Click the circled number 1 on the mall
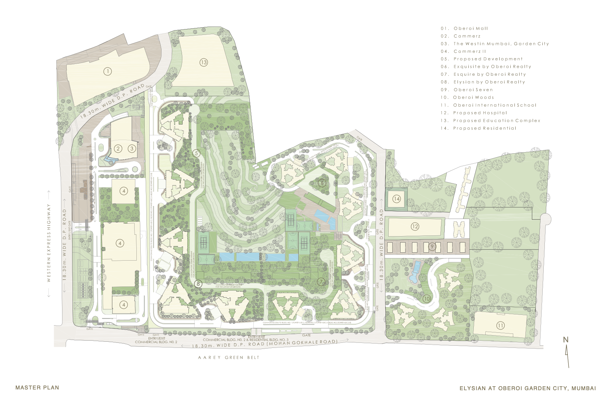click(x=107, y=71)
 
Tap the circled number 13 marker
click(x=203, y=62)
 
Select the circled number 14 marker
click(x=396, y=199)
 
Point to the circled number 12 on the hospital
click(x=415, y=226)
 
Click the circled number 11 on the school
click(x=500, y=326)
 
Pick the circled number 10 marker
click(x=426, y=299)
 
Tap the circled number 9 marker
click(x=432, y=247)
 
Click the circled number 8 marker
click(x=198, y=284)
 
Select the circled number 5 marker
click(x=196, y=153)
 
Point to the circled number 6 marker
click(x=322, y=183)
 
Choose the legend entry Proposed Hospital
click(x=480, y=113)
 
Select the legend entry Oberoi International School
click(x=494, y=105)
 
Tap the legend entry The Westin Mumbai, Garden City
click(x=501, y=44)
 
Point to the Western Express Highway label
click(x=49, y=243)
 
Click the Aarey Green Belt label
click(x=229, y=358)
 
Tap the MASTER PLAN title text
click(x=37, y=388)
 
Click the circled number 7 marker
click(x=321, y=282)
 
